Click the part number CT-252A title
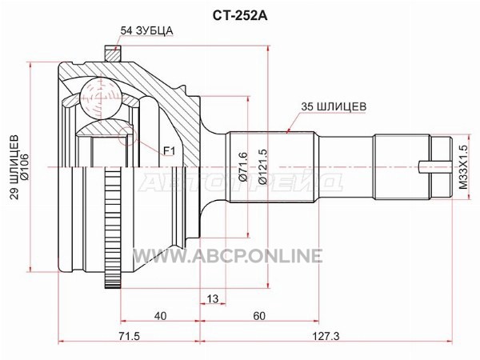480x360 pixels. (240, 16)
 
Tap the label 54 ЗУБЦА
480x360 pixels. (146, 30)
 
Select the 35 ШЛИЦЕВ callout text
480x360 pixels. (334, 106)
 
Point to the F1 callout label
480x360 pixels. (169, 150)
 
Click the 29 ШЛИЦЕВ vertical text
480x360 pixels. (14, 167)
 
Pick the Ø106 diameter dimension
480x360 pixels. (25, 167)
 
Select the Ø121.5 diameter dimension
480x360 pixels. (263, 167)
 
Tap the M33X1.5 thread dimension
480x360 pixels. (463, 167)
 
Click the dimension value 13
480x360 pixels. (212, 298)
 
